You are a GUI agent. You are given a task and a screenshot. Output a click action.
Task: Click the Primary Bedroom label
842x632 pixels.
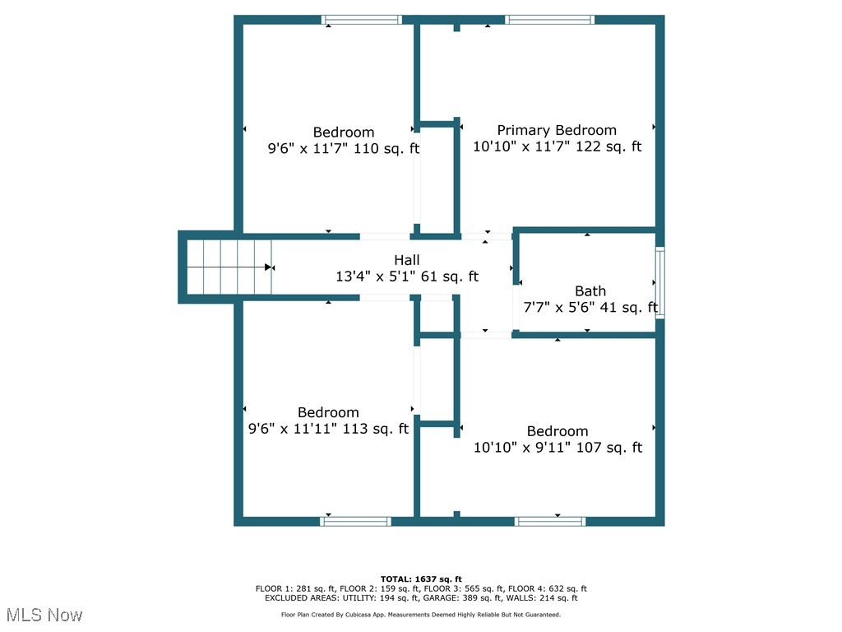[x=557, y=130]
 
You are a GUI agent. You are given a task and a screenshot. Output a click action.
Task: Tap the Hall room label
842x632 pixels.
[x=407, y=260]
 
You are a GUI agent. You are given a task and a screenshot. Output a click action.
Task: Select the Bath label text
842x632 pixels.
[x=590, y=290]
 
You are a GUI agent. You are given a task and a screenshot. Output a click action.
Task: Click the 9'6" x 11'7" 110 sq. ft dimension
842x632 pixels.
[x=344, y=149]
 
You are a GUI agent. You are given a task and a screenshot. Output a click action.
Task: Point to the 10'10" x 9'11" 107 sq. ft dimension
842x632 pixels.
[x=557, y=448]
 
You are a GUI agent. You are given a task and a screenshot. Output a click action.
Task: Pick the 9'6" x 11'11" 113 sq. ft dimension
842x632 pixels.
[x=328, y=429]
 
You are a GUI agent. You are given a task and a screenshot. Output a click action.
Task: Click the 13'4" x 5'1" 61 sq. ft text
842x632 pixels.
[x=407, y=276]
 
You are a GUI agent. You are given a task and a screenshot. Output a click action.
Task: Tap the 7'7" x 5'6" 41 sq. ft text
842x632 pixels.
[x=590, y=308]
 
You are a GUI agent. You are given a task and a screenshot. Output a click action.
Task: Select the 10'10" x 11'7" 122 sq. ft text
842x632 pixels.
[x=557, y=147]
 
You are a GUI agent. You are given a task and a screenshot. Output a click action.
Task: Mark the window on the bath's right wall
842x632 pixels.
[x=659, y=282]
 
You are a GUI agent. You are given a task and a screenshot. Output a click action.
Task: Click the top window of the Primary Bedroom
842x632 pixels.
[x=549, y=20]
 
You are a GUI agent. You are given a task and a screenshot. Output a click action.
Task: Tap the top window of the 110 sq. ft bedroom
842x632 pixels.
[x=361, y=20]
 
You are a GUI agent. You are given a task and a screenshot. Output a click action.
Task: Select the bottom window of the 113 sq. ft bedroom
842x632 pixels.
[x=355, y=521]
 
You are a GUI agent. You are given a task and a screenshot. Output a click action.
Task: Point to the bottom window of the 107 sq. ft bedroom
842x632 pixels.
[x=549, y=521]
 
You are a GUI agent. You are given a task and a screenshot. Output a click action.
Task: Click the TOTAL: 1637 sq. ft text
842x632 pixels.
[x=421, y=579]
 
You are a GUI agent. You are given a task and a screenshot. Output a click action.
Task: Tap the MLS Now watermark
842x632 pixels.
[x=44, y=615]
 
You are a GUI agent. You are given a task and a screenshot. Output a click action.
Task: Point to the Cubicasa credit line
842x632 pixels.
[x=421, y=615]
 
